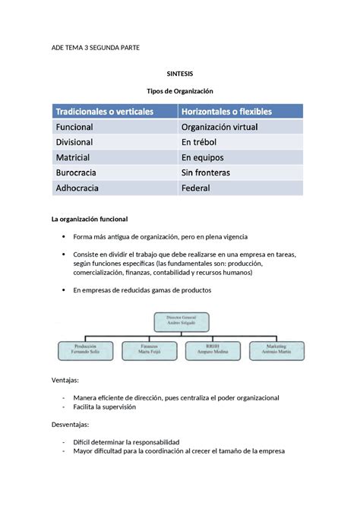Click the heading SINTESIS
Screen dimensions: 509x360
(180, 74)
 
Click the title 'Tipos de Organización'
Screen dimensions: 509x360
(180, 90)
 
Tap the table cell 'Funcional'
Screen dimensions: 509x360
(74, 127)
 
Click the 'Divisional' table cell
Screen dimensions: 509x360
(74, 142)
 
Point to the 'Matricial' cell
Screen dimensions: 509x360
(73, 157)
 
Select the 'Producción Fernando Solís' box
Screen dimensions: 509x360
(87, 350)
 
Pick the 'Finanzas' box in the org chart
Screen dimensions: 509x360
(149, 350)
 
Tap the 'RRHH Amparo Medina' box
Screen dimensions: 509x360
(211, 350)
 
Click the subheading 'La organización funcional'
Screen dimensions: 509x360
(94, 219)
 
